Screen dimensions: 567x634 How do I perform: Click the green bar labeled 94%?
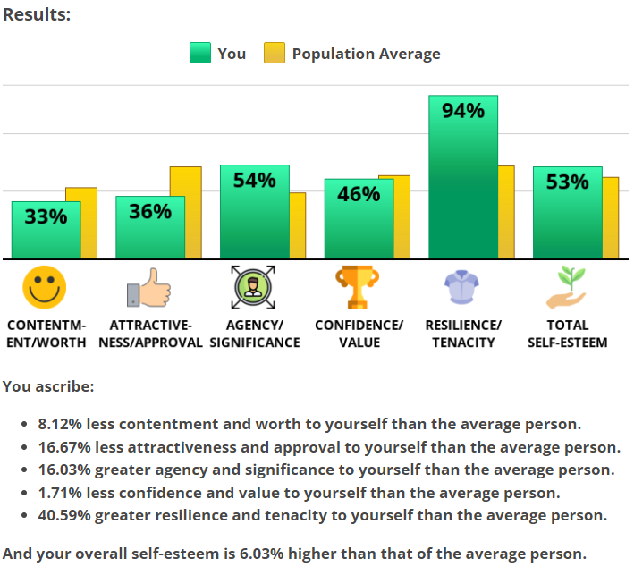[462, 179]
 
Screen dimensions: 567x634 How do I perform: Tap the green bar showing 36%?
[150, 228]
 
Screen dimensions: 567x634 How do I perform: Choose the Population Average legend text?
[366, 54]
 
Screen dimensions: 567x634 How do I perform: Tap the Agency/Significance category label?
[254, 334]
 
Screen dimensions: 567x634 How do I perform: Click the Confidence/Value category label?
[359, 334]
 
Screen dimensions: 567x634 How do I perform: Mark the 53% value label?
[567, 182]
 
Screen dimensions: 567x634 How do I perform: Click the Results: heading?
[37, 15]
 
